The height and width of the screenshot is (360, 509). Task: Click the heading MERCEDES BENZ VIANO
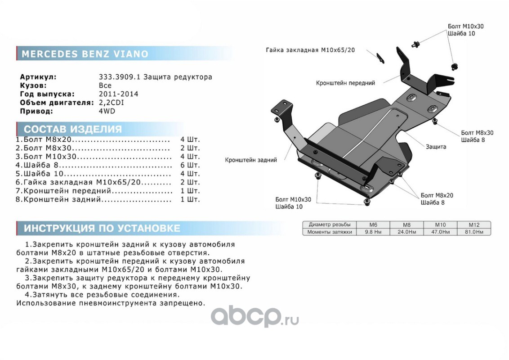pyautogui.click(x=85, y=54)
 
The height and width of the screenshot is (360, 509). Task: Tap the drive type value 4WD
pyautogui.click(x=107, y=111)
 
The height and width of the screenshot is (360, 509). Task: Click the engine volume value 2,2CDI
pyautogui.click(x=111, y=103)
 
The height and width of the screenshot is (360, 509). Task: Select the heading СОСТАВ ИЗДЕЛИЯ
pyautogui.click(x=73, y=130)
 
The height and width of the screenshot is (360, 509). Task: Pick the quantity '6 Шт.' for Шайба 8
pyautogui.click(x=190, y=165)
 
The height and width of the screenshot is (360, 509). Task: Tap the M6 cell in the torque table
pyautogui.click(x=373, y=225)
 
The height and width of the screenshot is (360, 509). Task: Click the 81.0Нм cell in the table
pyautogui.click(x=474, y=232)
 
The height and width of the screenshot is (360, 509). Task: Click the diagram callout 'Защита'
pyautogui.click(x=436, y=147)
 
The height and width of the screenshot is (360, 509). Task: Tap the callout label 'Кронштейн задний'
pyautogui.click(x=251, y=160)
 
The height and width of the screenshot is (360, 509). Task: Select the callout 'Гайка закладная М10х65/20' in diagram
pyautogui.click(x=310, y=50)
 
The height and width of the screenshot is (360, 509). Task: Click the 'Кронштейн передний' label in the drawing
pyautogui.click(x=345, y=83)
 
